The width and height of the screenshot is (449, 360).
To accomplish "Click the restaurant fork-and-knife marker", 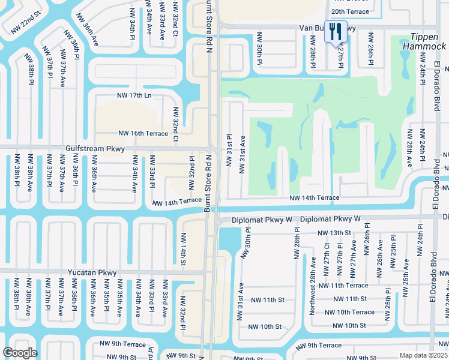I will pos(335,31).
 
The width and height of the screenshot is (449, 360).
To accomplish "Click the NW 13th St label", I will pos(334,232).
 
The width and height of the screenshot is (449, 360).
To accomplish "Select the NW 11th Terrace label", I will pos(343,286).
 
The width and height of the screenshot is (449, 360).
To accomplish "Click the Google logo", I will pos(20,353).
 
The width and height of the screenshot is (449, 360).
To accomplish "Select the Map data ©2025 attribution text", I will pos(424,355).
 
